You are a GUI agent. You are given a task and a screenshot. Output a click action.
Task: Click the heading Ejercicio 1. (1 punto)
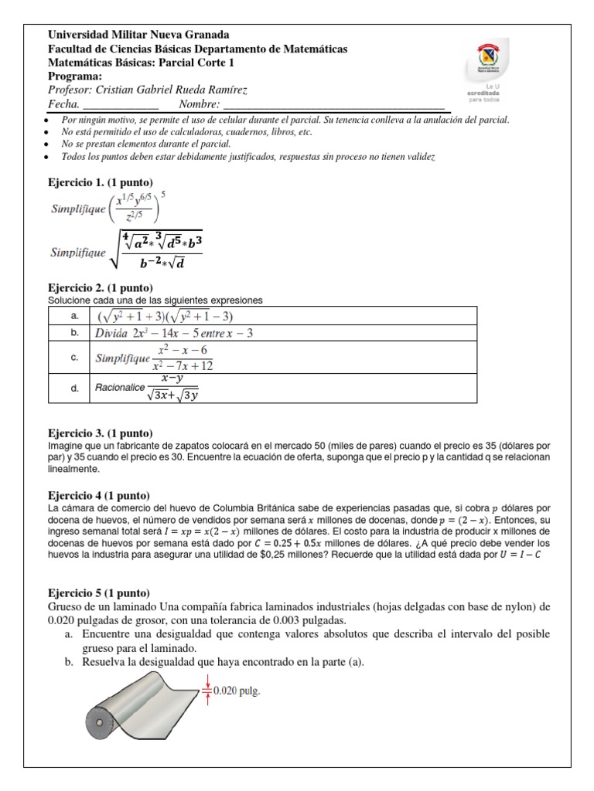[101, 182]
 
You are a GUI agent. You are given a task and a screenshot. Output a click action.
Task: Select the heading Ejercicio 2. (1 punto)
[101, 287]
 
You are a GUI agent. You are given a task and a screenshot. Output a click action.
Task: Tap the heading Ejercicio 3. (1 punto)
[101, 433]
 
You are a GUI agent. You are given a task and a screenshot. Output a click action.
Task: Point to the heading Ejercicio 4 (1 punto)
[99, 495]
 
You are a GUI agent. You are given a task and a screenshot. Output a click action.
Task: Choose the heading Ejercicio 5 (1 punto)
[99, 593]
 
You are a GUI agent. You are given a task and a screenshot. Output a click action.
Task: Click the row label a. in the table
[74, 317]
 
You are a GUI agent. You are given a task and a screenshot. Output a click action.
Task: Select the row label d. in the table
[74, 388]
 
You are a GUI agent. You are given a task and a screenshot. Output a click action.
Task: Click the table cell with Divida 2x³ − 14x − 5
[175, 334]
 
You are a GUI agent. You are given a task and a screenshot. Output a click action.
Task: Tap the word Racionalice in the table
[120, 388]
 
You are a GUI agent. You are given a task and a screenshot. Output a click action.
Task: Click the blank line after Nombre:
[333, 104]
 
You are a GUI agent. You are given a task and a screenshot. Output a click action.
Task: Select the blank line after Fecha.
[120, 104]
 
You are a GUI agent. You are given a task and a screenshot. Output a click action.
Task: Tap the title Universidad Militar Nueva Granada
[138, 35]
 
